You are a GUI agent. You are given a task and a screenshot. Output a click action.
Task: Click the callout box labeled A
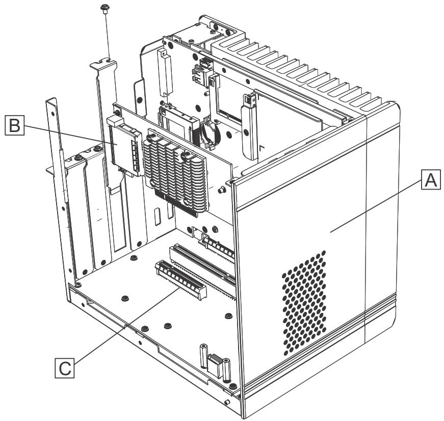click(x=431, y=179)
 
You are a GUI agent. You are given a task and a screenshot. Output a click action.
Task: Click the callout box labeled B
click(x=14, y=125)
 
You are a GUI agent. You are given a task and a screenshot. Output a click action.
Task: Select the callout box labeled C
click(x=65, y=368)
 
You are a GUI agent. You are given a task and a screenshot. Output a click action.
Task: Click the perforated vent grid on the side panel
click(x=304, y=303)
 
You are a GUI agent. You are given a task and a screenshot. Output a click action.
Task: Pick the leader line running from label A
click(x=376, y=207)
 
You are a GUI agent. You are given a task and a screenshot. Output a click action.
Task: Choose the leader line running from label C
click(x=126, y=326)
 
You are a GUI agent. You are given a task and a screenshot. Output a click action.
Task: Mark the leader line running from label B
click(x=71, y=135)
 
